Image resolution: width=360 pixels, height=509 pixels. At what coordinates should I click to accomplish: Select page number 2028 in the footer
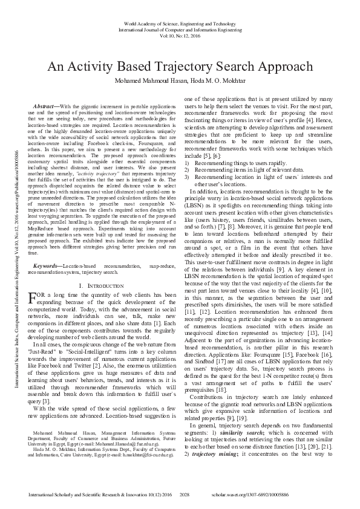point(185,494)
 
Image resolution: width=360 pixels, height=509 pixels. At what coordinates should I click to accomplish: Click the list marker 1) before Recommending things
point(187,163)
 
